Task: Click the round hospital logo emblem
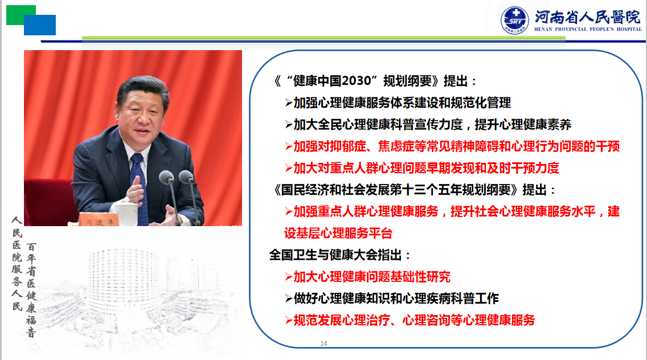[x=514, y=21]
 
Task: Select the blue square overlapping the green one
[x=40, y=25]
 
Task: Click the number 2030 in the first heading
[x=357, y=80]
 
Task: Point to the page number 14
[x=323, y=343]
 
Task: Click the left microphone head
[x=166, y=177]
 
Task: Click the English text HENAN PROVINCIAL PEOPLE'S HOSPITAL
[x=588, y=29]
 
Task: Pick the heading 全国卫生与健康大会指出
[x=335, y=255]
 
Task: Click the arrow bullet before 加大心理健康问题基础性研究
[x=288, y=277]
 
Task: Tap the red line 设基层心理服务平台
[x=338, y=233]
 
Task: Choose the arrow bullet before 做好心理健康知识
[x=288, y=298]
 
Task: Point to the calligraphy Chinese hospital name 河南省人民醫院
[x=588, y=17]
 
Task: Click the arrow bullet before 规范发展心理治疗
[x=288, y=320]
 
